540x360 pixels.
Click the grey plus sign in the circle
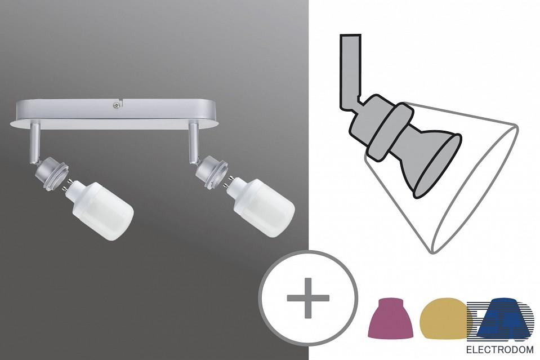[x=308, y=298]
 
